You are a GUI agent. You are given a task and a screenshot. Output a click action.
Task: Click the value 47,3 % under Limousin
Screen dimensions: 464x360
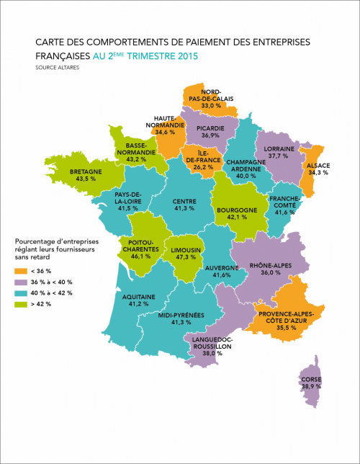[x=186, y=256]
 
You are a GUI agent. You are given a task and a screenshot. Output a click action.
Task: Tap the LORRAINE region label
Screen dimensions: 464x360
[x=283, y=147]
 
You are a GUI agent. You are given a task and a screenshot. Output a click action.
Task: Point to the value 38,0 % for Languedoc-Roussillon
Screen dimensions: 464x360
[x=212, y=354]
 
